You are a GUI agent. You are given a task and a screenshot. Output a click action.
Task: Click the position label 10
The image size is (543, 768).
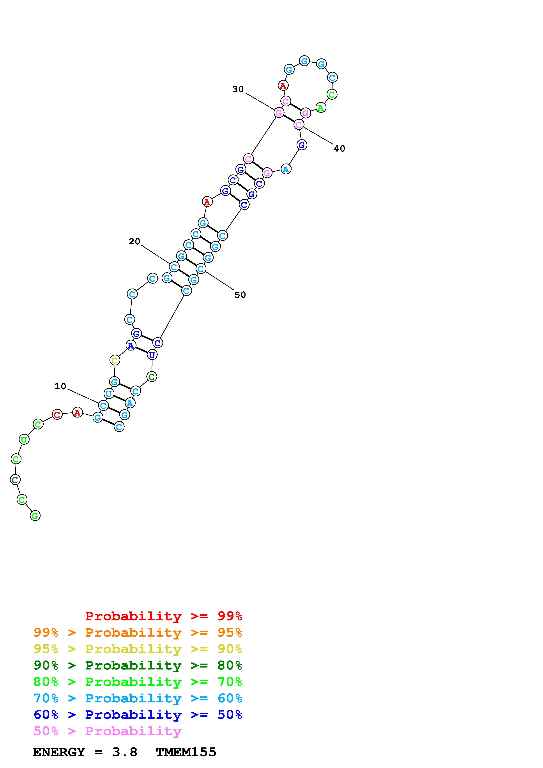(x=60, y=386)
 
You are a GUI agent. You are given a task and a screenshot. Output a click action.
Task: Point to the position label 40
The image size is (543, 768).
(x=339, y=148)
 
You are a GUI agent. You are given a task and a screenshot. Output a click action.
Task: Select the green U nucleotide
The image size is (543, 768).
(x=24, y=439)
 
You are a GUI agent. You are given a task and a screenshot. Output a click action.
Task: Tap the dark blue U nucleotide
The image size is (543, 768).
(x=152, y=355)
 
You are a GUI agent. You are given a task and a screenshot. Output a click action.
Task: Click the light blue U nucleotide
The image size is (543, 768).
(x=108, y=394)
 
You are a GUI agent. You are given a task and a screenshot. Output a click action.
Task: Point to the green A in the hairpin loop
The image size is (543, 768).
(x=320, y=108)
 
